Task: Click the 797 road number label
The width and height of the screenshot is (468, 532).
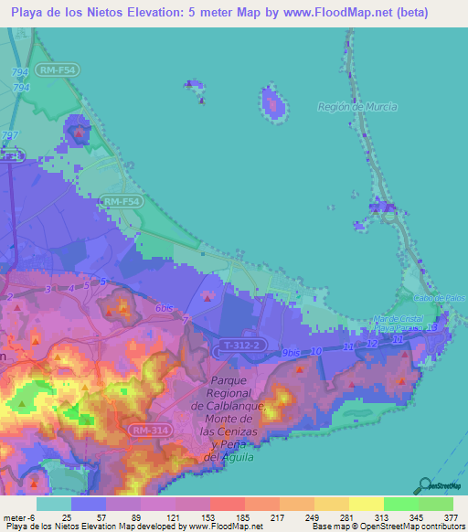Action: pos(11,136)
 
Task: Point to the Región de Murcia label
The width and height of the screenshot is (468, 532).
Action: pos(356,107)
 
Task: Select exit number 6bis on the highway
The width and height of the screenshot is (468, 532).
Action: pos(165,308)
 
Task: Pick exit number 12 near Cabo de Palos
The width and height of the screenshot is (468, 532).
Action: pos(371,343)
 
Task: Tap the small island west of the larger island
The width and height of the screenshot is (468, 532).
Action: pos(193,86)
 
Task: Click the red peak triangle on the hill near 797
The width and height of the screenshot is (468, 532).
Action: pos(80,133)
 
